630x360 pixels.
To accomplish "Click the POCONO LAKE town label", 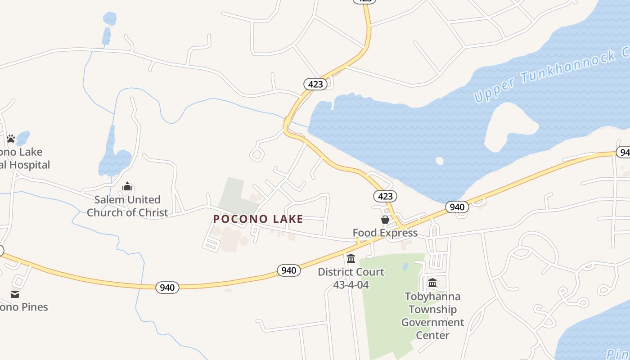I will click(258, 219).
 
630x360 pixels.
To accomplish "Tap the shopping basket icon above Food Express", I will click(385, 220).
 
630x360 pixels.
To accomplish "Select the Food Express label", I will click(385, 233).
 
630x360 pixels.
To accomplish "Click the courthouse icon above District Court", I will click(351, 258).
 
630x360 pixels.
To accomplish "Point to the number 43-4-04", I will click(351, 285).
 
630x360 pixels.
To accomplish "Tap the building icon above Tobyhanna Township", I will click(432, 283).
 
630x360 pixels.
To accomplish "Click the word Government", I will click(432, 322).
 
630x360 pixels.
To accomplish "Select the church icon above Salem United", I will click(127, 186).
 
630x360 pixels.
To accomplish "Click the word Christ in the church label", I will click(151, 212).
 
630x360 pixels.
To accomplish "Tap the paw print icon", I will click(11, 139).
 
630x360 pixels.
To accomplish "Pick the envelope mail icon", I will click(15, 294).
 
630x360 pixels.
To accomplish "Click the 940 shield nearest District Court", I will click(288, 270).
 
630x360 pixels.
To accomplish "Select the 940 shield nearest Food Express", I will click(457, 207).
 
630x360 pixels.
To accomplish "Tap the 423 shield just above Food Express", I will click(385, 196).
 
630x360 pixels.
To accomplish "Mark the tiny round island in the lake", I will click(439, 161).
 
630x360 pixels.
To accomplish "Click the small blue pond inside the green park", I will click(405, 266).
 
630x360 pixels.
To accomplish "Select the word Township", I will click(432, 310).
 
